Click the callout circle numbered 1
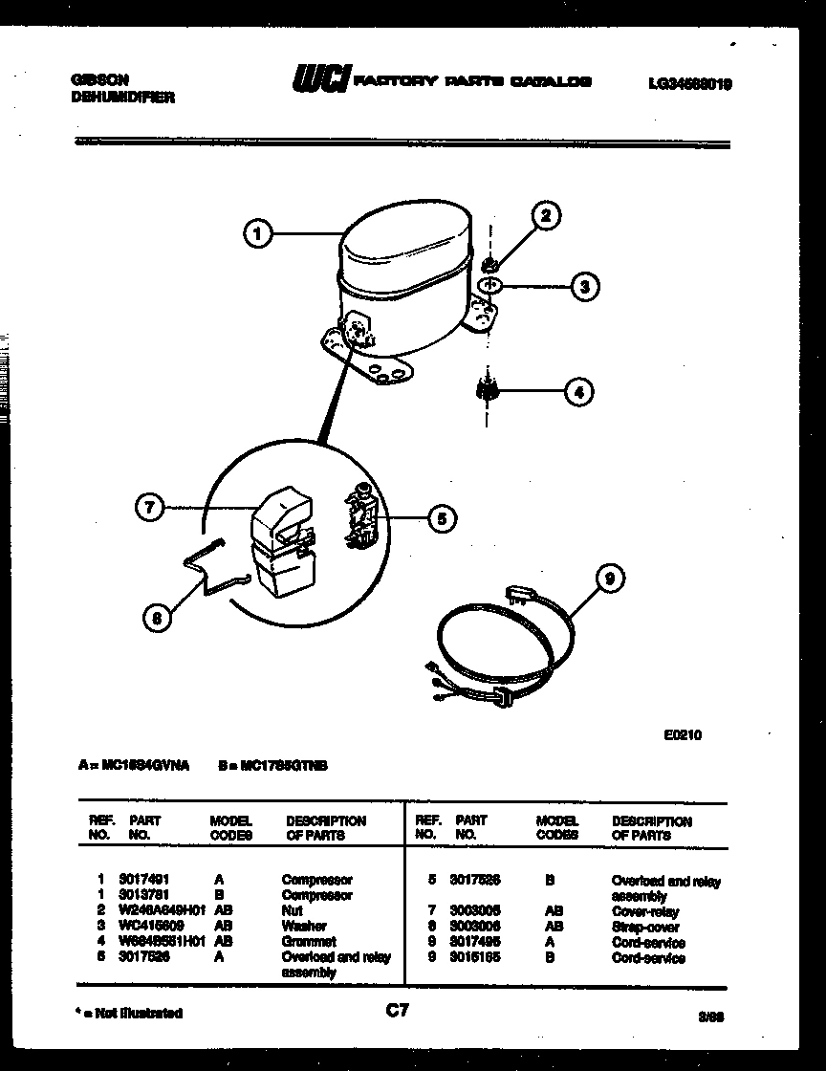click(258, 233)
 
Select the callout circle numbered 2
click(546, 215)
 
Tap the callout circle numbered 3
click(584, 286)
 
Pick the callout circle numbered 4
click(578, 390)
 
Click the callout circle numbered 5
click(441, 519)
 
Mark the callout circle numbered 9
click(609, 578)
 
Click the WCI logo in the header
click(321, 81)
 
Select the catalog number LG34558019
click(689, 84)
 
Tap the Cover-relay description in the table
click(645, 911)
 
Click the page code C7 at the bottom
click(397, 1010)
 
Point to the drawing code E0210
click(683, 735)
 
